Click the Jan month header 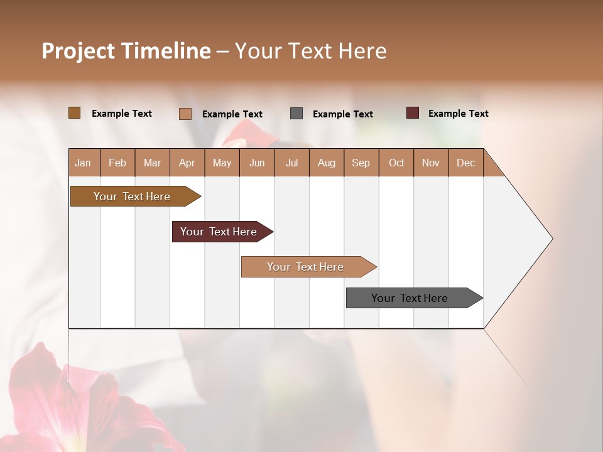[x=84, y=163]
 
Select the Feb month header [x=117, y=163]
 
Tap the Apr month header [x=187, y=163]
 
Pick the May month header [x=222, y=163]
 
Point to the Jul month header [x=291, y=163]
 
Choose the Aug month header [x=327, y=163]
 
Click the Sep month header [x=361, y=163]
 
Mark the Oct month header [x=396, y=163]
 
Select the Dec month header [x=466, y=163]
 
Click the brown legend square [x=75, y=113]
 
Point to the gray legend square [x=296, y=114]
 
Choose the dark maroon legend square [x=413, y=113]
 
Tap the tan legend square [x=185, y=114]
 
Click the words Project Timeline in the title [x=126, y=51]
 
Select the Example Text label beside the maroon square [x=458, y=114]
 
